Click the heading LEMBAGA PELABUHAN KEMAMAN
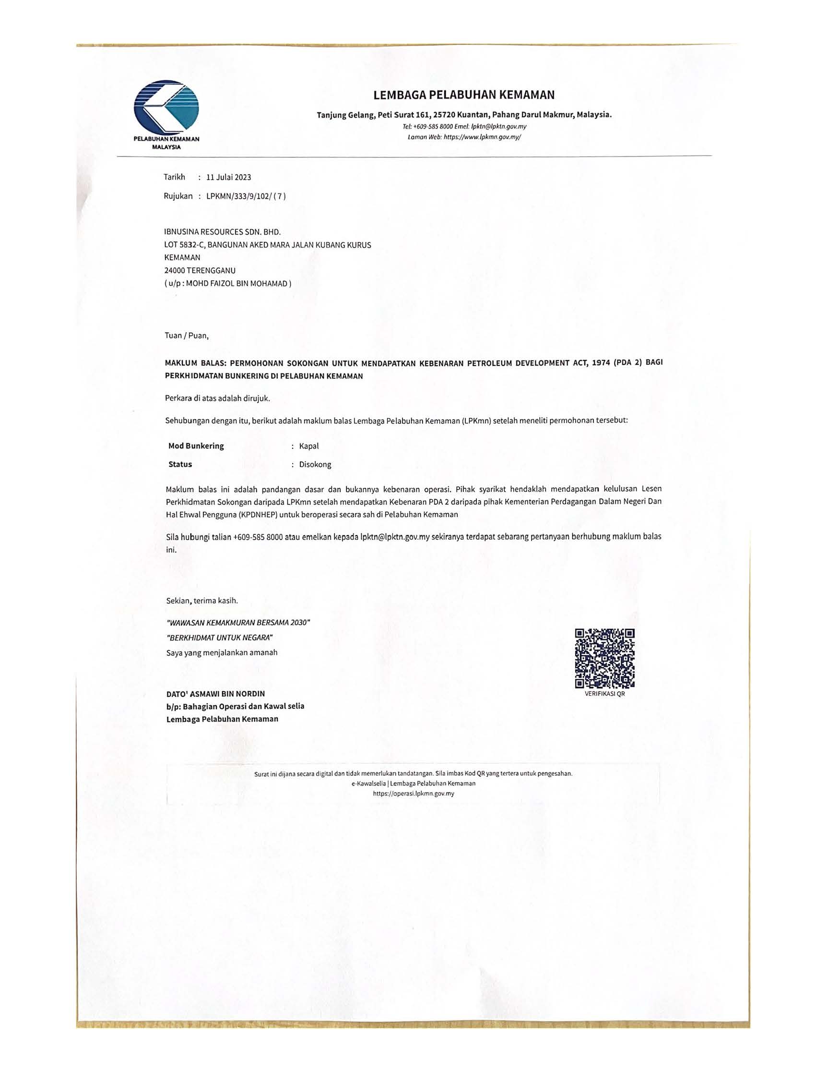463,95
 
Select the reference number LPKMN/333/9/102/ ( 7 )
246,196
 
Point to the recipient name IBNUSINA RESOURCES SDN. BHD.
222,232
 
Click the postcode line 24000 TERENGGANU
200,270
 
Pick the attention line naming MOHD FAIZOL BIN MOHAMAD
228,283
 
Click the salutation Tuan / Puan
187,336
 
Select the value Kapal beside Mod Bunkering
308,446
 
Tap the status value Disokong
315,464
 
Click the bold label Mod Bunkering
196,446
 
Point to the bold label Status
180,464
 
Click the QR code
604,658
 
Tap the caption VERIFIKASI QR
604,695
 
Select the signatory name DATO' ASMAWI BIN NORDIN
215,694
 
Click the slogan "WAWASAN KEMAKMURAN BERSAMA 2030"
238,622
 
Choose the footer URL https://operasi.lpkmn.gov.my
413,793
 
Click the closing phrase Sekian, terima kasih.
201,600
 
